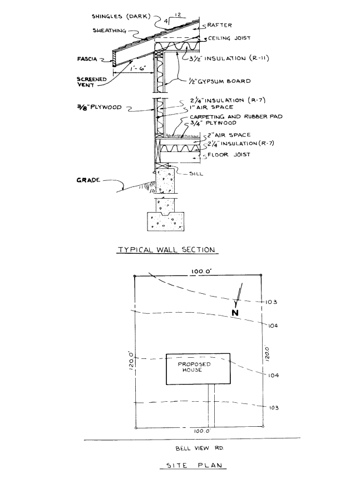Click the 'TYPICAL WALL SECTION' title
(x=166, y=250)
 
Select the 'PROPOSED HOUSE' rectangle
(x=198, y=368)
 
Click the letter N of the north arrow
(x=236, y=313)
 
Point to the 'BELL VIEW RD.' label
(x=192, y=447)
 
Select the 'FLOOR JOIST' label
(x=228, y=156)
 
